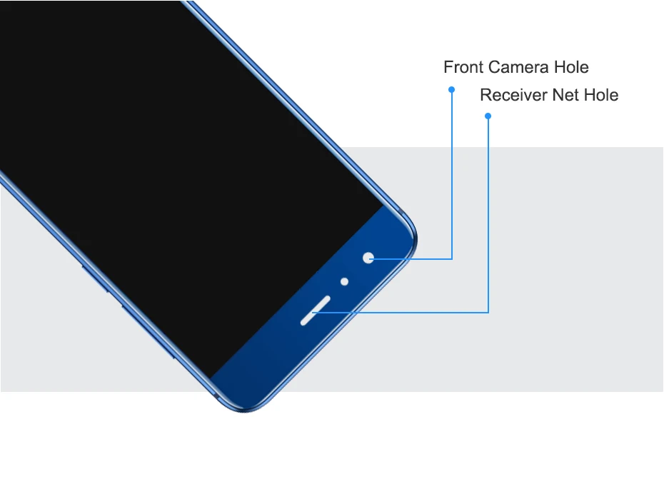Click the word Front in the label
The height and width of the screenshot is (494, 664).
coord(463,68)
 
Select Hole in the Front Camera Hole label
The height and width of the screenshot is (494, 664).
coord(571,68)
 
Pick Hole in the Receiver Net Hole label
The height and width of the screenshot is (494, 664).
coord(601,96)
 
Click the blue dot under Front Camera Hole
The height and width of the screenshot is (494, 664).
coord(451,89)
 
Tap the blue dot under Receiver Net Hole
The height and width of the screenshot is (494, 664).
coord(488,116)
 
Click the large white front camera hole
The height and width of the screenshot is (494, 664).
coord(368,258)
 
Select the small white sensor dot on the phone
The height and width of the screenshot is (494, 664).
coord(344,282)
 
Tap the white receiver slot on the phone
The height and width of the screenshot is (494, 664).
coord(314,310)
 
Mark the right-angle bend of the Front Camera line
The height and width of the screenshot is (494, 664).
coord(452,258)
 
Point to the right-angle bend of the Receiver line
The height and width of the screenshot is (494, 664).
coord(488,311)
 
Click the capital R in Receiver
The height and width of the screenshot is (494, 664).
coord(486,96)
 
